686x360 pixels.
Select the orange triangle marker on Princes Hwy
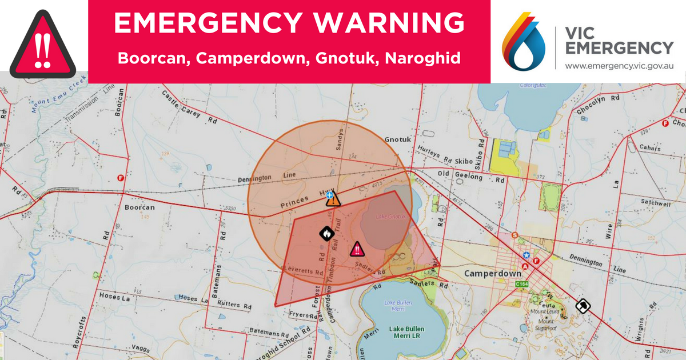[333, 199]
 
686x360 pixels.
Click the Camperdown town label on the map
[492, 274]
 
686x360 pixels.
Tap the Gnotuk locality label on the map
[398, 139]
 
